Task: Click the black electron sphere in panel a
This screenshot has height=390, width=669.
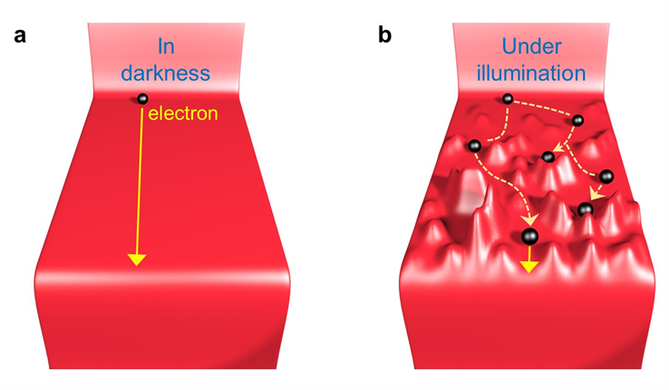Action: (141, 99)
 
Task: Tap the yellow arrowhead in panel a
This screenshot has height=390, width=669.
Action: (137, 259)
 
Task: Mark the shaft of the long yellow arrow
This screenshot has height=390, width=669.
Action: (140, 181)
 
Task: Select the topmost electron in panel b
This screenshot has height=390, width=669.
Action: (508, 98)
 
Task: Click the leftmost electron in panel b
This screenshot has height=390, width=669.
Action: (472, 145)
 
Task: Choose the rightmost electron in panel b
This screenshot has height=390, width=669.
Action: (606, 175)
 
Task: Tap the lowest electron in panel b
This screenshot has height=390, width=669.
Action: (528, 238)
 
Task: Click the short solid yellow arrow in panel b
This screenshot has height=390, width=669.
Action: (528, 263)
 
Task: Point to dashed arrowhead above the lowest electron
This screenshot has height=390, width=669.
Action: (529, 219)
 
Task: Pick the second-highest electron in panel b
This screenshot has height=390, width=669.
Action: (577, 120)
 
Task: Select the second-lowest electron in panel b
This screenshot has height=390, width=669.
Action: (585, 210)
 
